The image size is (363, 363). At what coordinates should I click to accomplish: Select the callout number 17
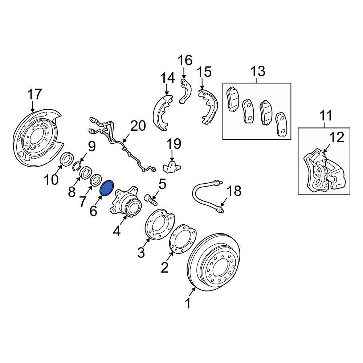pos(35,94)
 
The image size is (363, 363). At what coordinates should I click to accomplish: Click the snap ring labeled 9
pos(77,167)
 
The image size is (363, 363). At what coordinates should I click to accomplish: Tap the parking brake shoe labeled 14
pos(162,113)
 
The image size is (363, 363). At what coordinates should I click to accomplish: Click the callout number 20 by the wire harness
pos(138,126)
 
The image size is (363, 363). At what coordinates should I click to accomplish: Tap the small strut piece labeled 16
pos(184,90)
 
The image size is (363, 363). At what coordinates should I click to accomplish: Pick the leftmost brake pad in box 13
pos(232,99)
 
